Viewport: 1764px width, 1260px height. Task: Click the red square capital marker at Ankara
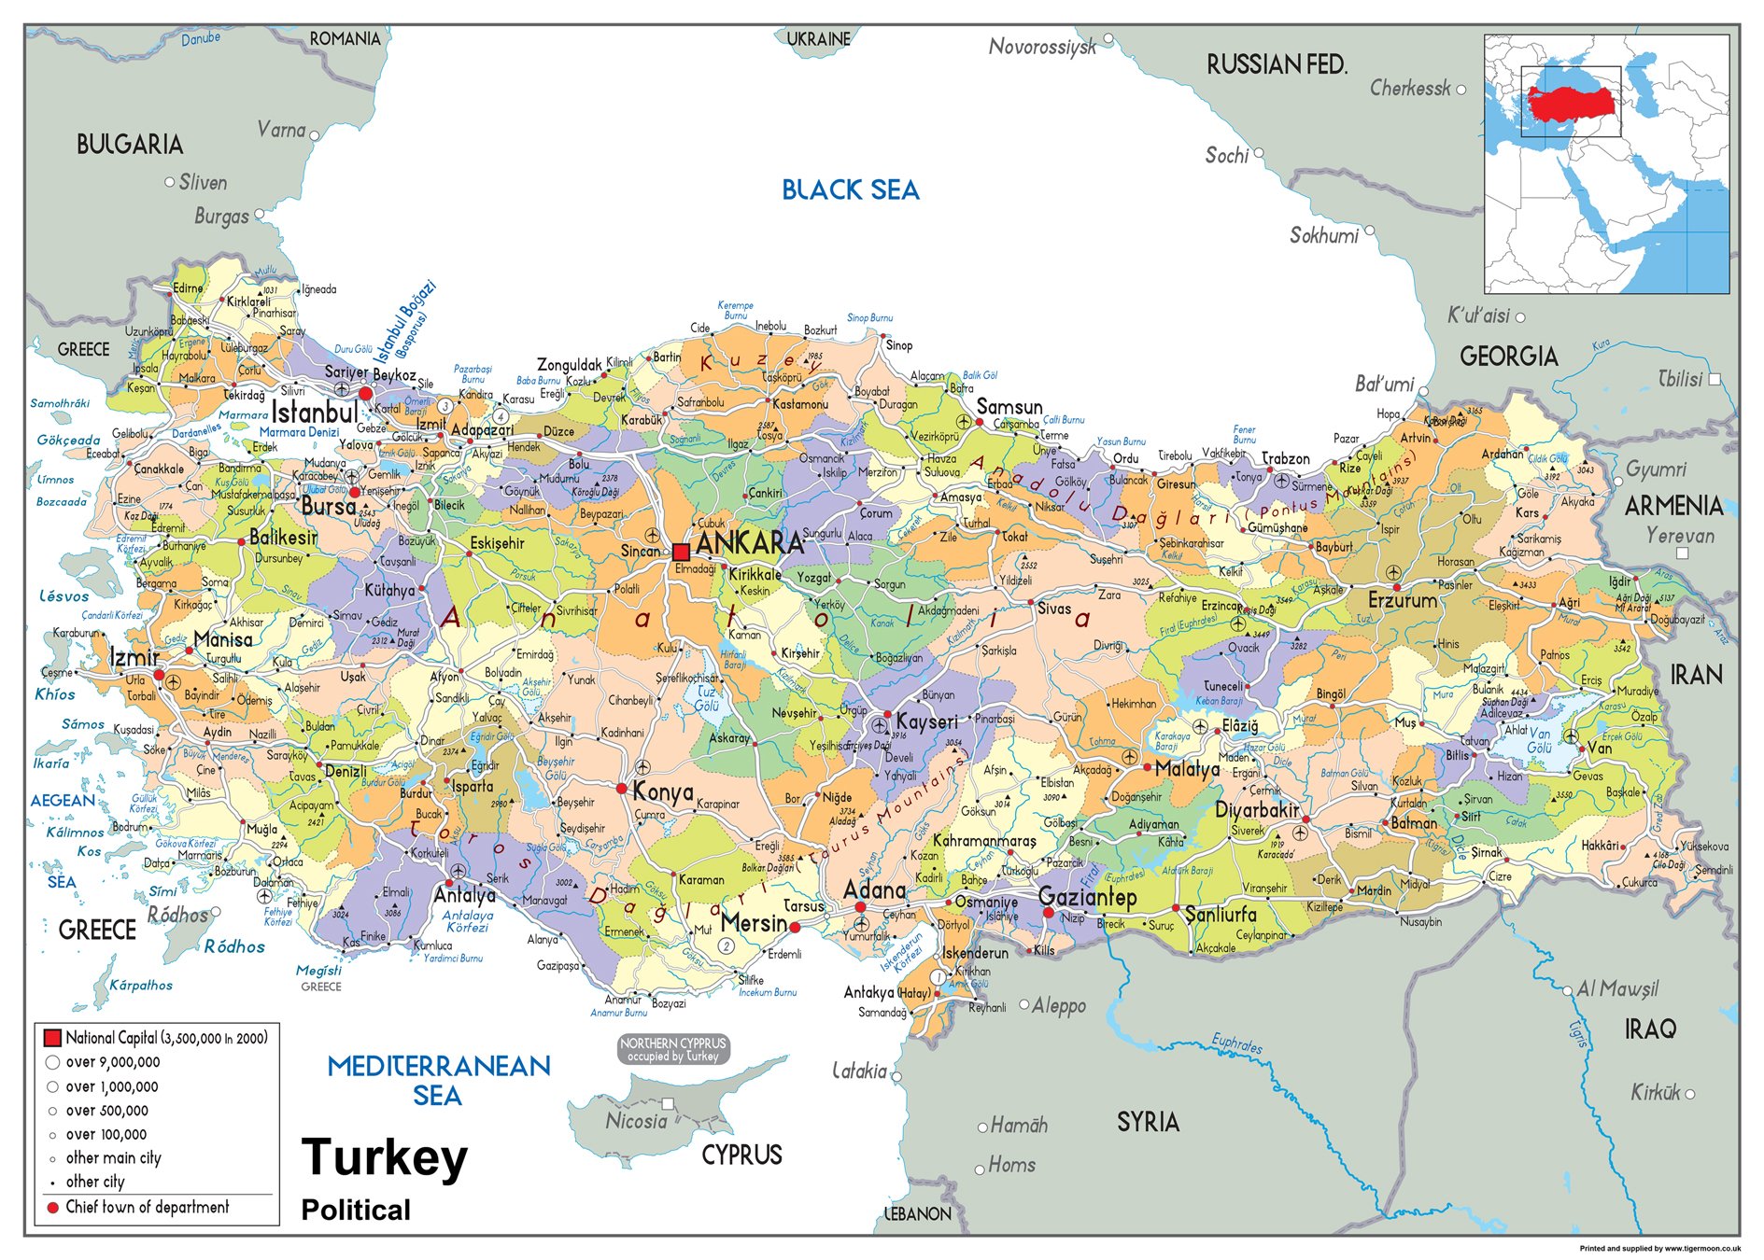pyautogui.click(x=681, y=551)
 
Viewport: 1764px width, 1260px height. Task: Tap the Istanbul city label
pyautogui.click(x=314, y=412)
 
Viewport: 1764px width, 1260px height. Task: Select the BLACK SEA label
pyautogui.click(x=850, y=190)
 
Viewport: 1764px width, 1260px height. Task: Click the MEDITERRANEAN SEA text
pyautogui.click(x=438, y=1080)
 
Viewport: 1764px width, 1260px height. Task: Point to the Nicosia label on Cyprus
pyautogui.click(x=636, y=1121)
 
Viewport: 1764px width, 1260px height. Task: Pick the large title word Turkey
pyautogui.click(x=384, y=1158)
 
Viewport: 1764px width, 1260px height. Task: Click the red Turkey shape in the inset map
pyautogui.click(x=1572, y=100)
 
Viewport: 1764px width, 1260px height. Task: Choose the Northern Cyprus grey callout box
pyautogui.click(x=672, y=1049)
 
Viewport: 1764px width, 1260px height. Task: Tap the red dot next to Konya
pyautogui.click(x=622, y=789)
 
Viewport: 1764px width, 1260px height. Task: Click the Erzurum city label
pyautogui.click(x=1402, y=600)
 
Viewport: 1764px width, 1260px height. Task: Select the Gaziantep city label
pyautogui.click(x=1087, y=897)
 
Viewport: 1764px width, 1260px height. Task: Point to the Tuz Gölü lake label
pyautogui.click(x=707, y=699)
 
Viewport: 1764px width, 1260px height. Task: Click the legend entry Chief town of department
pyautogui.click(x=147, y=1207)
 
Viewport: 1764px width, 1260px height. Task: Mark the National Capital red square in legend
pyautogui.click(x=52, y=1037)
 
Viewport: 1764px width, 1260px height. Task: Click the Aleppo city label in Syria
pyautogui.click(x=1058, y=1005)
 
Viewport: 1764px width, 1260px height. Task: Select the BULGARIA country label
pyautogui.click(x=130, y=144)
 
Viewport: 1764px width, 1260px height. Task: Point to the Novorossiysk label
pyautogui.click(x=1042, y=46)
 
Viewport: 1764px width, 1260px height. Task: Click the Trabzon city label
pyautogui.click(x=1286, y=458)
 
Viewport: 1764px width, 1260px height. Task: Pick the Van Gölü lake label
pyautogui.click(x=1538, y=741)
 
